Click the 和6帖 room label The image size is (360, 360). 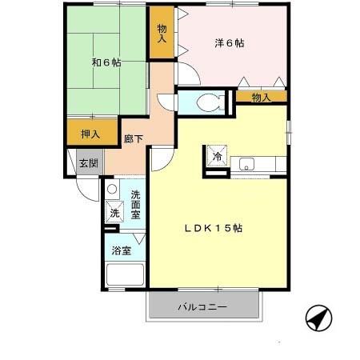click(x=106, y=62)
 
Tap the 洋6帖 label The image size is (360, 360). click(x=229, y=42)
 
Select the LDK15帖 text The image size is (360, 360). click(x=214, y=228)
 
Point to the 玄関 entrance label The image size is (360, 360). click(x=88, y=163)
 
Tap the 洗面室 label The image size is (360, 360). click(x=136, y=206)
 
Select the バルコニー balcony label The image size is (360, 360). click(x=202, y=306)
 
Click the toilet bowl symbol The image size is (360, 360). click(x=209, y=102)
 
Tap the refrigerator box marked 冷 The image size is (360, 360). click(x=218, y=156)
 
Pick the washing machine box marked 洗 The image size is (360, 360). click(x=115, y=213)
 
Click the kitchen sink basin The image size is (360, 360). click(x=246, y=165)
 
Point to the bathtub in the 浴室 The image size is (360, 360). click(x=124, y=276)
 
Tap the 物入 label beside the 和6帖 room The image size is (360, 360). click(x=162, y=33)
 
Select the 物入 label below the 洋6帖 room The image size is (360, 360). click(x=261, y=98)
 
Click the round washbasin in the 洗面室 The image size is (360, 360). click(x=112, y=190)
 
